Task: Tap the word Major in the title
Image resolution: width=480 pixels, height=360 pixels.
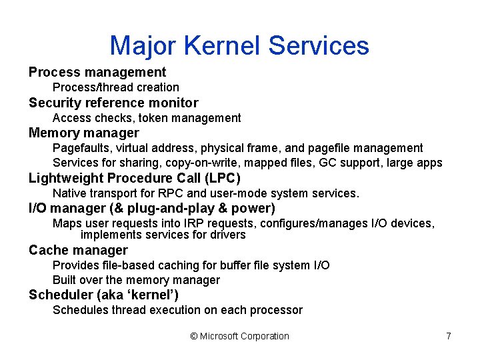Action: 142,45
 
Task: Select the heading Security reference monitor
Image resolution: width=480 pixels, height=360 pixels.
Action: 113,103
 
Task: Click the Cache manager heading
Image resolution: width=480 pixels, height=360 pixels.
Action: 78,250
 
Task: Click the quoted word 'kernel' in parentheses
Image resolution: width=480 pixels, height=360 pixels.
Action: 151,295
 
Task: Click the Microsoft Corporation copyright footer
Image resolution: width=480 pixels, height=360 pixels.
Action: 240,336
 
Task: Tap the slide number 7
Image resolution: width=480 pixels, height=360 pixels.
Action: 449,336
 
